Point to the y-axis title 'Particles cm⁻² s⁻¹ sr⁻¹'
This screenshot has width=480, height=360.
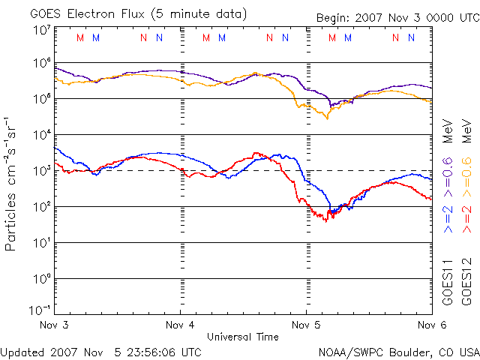point(12,183)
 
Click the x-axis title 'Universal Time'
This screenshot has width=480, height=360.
point(242,337)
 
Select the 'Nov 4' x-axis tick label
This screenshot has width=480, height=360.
point(180,325)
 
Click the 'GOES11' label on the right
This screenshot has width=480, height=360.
point(447,282)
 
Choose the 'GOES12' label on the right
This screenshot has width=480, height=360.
point(466,282)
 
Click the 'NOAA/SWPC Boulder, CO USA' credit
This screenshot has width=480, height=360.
point(398,351)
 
